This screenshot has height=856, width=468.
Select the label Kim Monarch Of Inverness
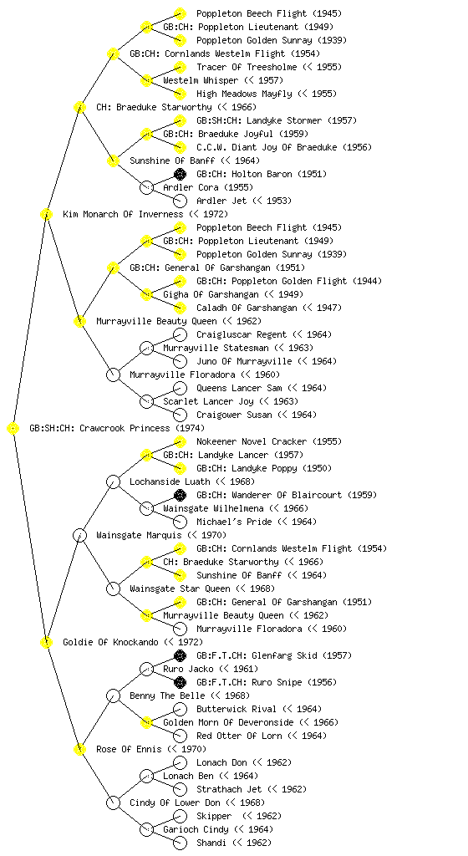(x=123, y=214)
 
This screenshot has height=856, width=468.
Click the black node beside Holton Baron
(x=180, y=174)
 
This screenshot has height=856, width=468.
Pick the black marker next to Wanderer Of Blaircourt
(x=180, y=495)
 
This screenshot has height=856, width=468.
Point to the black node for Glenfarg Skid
(x=180, y=655)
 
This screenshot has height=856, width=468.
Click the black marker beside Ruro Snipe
(x=180, y=682)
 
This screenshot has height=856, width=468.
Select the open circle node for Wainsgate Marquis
(x=79, y=535)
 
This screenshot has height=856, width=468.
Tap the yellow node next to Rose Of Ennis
(x=79, y=749)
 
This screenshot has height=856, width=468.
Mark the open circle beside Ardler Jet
(x=180, y=201)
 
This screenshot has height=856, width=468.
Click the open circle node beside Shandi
(x=180, y=843)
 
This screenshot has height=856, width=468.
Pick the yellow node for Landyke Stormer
(x=180, y=120)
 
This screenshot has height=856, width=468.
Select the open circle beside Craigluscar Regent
(x=180, y=334)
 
